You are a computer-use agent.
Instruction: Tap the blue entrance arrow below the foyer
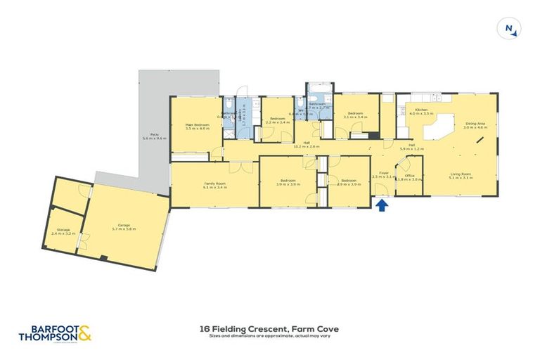382,205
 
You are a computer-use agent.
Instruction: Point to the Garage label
124,224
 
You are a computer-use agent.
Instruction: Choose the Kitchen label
421,110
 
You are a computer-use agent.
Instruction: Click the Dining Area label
475,124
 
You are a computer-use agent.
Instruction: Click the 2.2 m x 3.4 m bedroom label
278,120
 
